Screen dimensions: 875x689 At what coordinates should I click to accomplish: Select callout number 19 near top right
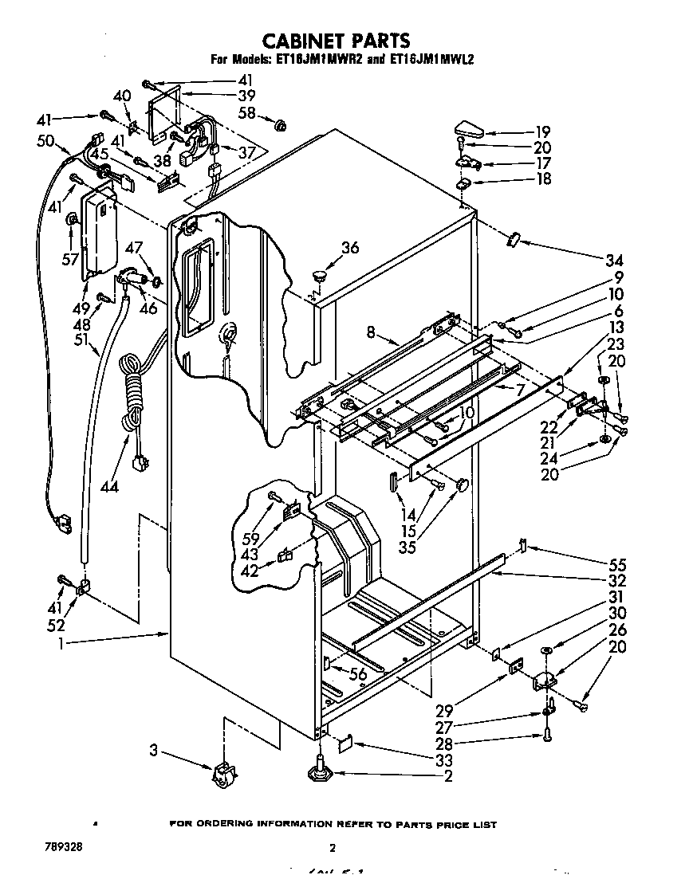[x=542, y=131]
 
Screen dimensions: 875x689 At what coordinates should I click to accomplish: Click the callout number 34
[x=613, y=260]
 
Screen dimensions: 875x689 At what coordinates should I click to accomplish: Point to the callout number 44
[x=109, y=486]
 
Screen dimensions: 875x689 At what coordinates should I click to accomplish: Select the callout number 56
[x=360, y=674]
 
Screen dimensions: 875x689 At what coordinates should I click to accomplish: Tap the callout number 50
[x=45, y=141]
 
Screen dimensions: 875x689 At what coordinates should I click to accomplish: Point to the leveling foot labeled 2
[x=320, y=771]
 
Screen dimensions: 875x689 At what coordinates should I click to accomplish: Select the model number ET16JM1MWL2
[x=430, y=59]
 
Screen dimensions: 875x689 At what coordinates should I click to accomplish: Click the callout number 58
[x=248, y=113]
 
